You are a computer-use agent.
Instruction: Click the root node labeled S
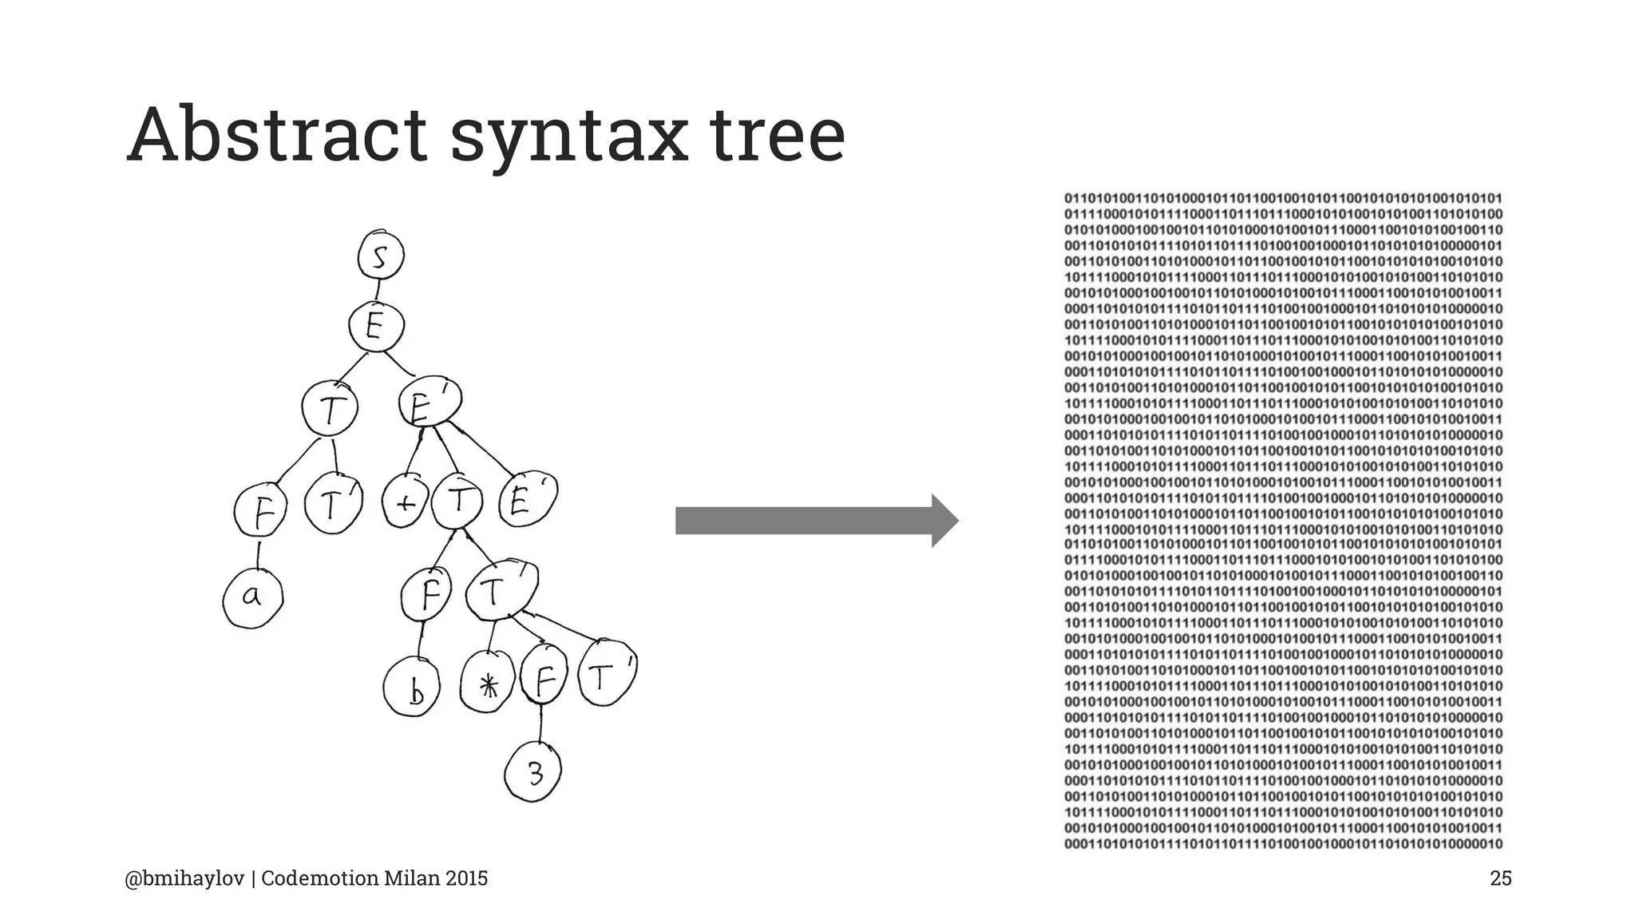pyautogui.click(x=381, y=257)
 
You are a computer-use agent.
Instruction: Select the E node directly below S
pyautogui.click(x=376, y=327)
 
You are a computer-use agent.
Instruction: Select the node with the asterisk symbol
pyautogui.click(x=489, y=682)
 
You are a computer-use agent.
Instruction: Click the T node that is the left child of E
pyautogui.click(x=330, y=410)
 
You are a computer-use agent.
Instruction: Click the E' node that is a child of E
pyautogui.click(x=429, y=405)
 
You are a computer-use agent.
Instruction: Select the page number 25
pyautogui.click(x=1500, y=878)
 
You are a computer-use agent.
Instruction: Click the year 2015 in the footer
pyautogui.click(x=466, y=878)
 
